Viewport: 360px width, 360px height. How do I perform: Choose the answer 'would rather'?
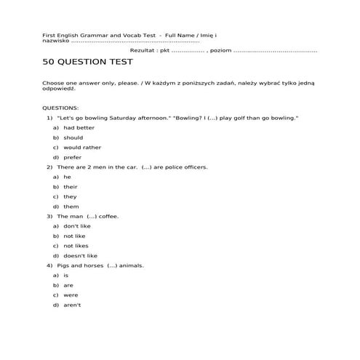[x=81, y=147]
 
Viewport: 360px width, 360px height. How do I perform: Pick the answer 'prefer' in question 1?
[x=73, y=157]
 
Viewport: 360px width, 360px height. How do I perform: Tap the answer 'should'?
[x=73, y=137]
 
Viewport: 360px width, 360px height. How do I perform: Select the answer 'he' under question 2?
[x=67, y=177]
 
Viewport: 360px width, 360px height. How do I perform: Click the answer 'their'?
[x=70, y=187]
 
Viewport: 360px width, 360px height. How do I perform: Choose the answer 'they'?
[x=70, y=196]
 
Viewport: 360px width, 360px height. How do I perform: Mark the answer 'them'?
[x=71, y=207]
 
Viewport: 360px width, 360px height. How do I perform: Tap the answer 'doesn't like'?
[x=80, y=256]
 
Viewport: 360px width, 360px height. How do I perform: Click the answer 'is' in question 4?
[x=66, y=276]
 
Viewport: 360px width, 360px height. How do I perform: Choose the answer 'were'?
[x=71, y=295]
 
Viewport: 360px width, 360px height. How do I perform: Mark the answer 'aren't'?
[x=72, y=305]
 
